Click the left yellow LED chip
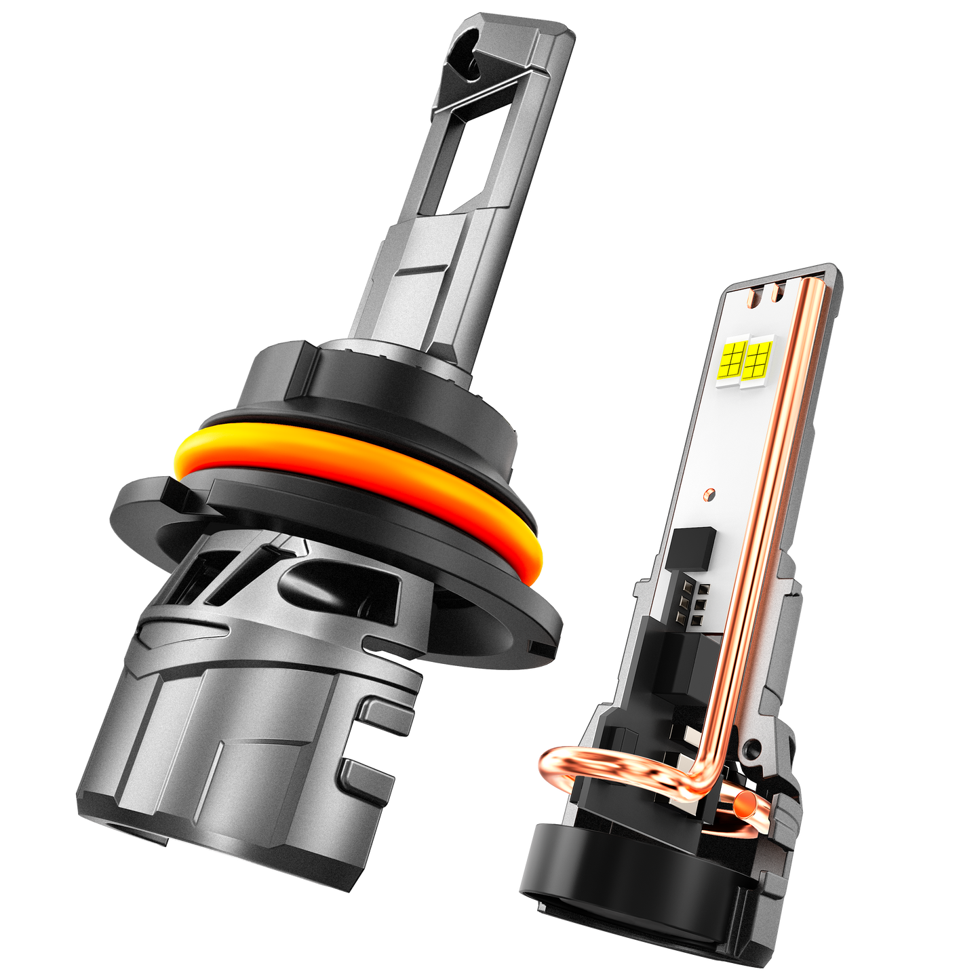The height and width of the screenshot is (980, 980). pyautogui.click(x=734, y=357)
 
